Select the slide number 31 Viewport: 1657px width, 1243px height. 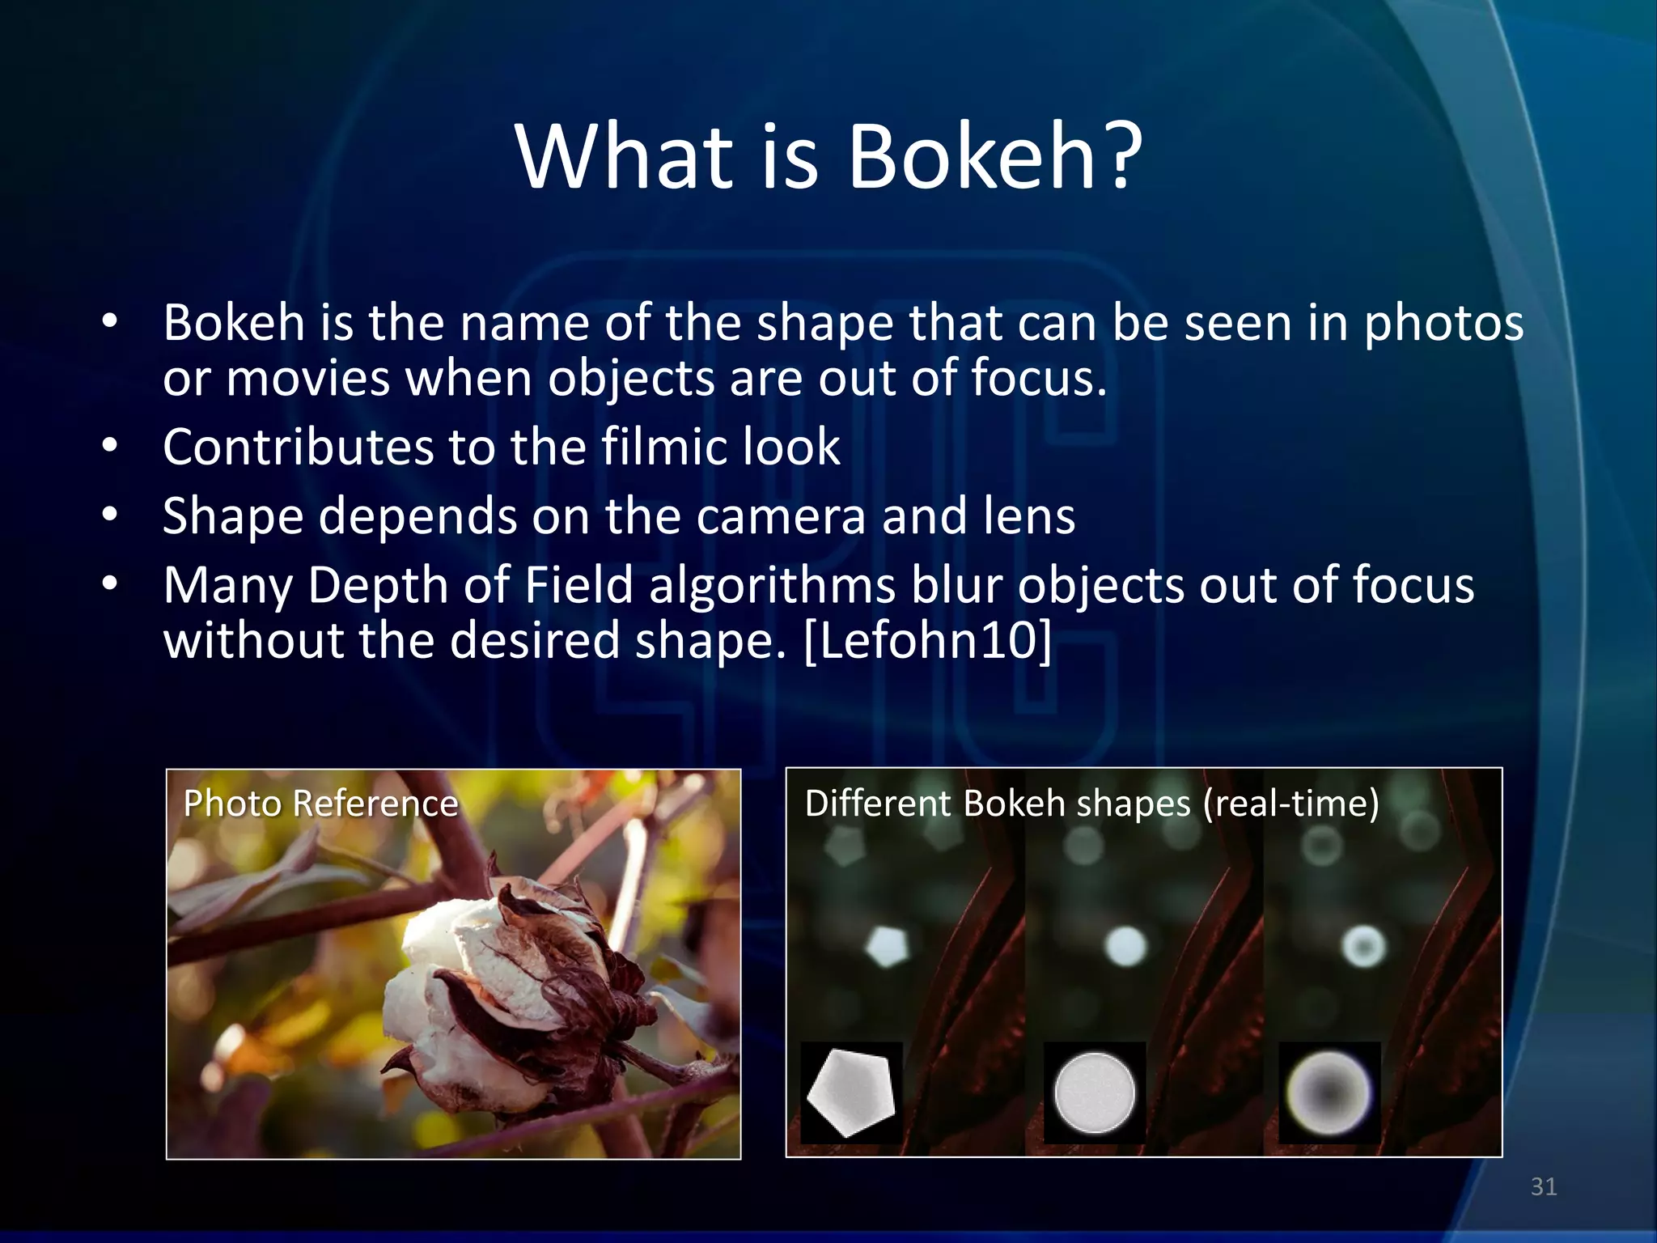tap(1544, 1186)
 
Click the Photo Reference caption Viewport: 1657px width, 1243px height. tap(320, 804)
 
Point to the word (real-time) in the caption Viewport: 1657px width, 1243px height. tap(1290, 804)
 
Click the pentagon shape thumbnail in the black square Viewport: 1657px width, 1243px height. tap(851, 1092)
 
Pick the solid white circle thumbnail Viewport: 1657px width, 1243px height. tap(1094, 1092)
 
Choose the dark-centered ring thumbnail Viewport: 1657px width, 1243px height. tap(1329, 1092)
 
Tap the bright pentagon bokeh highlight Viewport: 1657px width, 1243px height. tap(888, 946)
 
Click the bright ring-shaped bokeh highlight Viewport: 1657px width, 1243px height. tap(1364, 946)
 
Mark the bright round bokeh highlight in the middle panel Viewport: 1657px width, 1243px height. tap(1125, 945)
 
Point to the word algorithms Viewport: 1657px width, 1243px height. tap(772, 586)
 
